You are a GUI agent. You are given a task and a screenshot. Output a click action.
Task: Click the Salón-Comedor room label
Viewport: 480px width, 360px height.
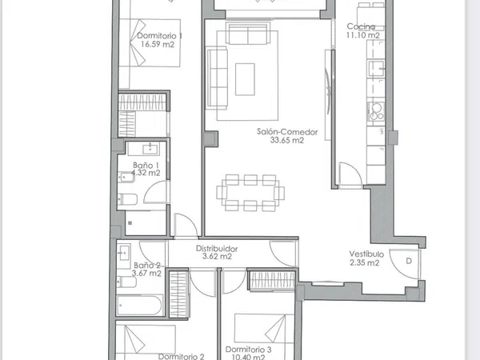click(287, 132)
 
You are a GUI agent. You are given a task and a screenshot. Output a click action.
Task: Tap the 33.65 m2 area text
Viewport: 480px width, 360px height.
click(287, 140)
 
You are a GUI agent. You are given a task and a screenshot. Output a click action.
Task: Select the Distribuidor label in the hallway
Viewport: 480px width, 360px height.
click(217, 249)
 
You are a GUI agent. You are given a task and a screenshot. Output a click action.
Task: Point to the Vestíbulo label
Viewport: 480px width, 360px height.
click(366, 254)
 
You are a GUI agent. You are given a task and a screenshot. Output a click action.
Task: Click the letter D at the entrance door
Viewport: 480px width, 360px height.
click(409, 261)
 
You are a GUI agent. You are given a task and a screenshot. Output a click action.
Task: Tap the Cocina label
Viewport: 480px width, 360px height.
click(362, 26)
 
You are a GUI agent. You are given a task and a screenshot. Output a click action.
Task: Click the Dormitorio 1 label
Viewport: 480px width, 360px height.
click(159, 35)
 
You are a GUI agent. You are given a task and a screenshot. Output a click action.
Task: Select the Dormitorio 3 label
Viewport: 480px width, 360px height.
click(248, 350)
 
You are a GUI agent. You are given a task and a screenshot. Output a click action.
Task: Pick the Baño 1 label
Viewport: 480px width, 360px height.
click(146, 166)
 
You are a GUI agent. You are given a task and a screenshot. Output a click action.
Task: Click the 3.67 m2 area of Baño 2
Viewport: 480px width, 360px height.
click(146, 273)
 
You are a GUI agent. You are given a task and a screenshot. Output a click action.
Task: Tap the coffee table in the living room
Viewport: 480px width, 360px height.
click(245, 79)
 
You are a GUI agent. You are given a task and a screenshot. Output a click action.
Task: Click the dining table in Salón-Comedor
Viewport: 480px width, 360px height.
click(250, 193)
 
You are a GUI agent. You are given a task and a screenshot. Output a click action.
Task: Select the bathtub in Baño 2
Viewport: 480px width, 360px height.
click(139, 306)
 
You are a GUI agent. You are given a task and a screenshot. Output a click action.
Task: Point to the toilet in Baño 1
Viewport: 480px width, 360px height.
click(127, 199)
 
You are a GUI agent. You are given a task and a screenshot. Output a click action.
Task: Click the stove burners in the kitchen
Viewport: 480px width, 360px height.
click(376, 111)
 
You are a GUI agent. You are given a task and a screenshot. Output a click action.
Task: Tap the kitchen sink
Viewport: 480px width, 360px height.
click(376, 69)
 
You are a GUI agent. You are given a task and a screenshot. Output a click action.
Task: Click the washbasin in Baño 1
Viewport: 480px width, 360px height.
click(150, 149)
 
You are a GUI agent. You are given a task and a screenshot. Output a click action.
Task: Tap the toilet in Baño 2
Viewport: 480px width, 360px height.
click(126, 282)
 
